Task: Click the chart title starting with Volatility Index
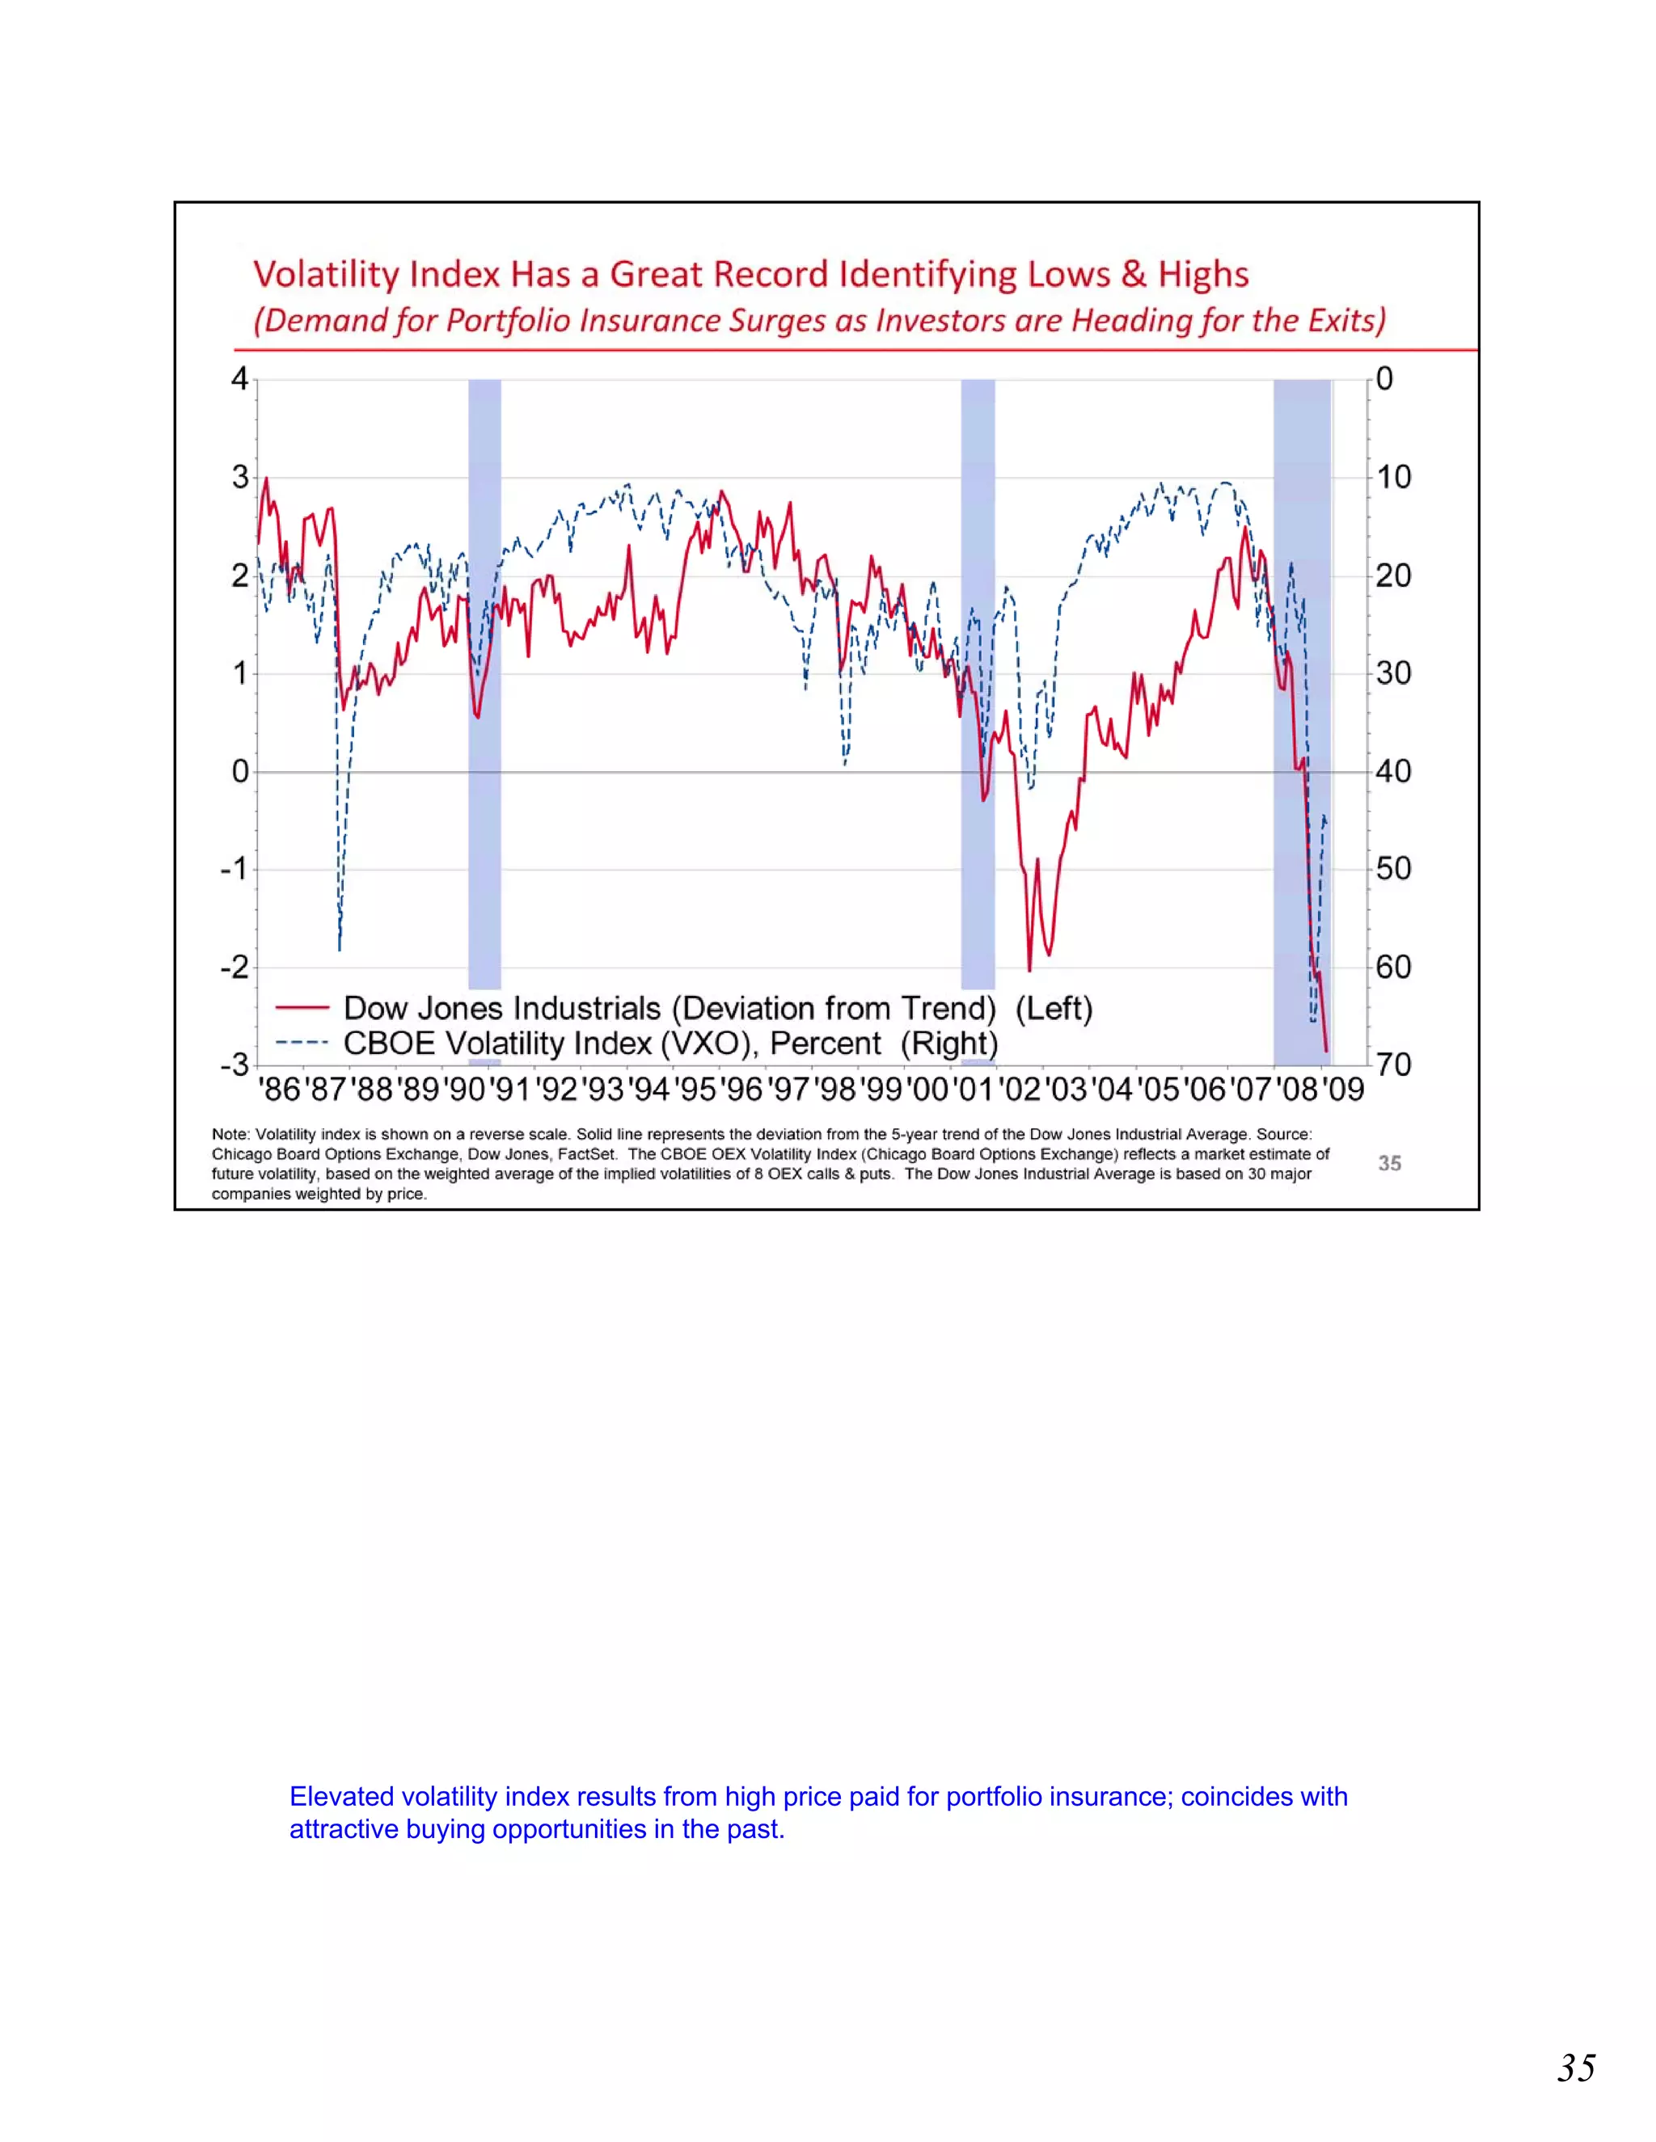pyautogui.click(x=750, y=274)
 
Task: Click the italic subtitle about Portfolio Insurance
pyautogui.click(x=819, y=321)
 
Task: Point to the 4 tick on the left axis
pyautogui.click(x=239, y=378)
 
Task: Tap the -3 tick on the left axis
pyautogui.click(x=235, y=1065)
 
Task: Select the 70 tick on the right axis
pyautogui.click(x=1393, y=1065)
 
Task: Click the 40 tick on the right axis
pyautogui.click(x=1393, y=771)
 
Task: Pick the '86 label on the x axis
pyautogui.click(x=280, y=1090)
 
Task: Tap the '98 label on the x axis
pyautogui.click(x=834, y=1090)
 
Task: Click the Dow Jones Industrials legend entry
pyautogui.click(x=717, y=1008)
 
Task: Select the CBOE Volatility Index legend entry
pyautogui.click(x=670, y=1044)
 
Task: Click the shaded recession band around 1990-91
pyautogui.click(x=484, y=686)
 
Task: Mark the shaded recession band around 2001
pyautogui.click(x=977, y=686)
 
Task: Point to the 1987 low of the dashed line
pyautogui.click(x=340, y=948)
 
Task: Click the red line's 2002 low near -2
pyautogui.click(x=1029, y=970)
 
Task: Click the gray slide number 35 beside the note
pyautogui.click(x=1389, y=1163)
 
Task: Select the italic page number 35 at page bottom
pyautogui.click(x=1576, y=2068)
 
